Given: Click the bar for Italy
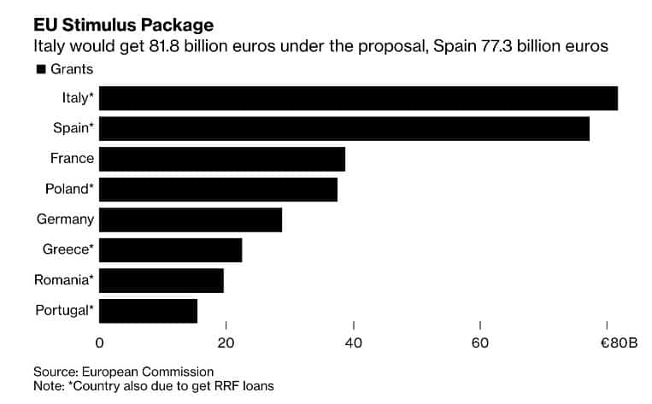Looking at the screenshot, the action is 358,98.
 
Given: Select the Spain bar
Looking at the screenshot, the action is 344,129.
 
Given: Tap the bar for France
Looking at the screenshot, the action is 222,159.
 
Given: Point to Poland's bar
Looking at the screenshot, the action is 218,190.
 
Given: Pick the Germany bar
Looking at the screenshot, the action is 191,220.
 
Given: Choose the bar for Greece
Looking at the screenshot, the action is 171,250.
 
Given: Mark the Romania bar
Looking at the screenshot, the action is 162,280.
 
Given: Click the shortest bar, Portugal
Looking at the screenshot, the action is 148,311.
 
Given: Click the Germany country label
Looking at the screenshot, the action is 65,220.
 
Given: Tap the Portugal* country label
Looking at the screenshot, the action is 64,311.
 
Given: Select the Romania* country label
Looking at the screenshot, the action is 64,279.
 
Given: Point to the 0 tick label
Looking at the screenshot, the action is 99,343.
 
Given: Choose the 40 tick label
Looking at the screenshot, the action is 354,343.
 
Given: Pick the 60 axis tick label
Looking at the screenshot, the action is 480,343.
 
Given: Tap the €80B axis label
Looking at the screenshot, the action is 620,343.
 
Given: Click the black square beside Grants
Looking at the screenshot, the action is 41,69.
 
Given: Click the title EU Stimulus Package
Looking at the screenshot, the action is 124,25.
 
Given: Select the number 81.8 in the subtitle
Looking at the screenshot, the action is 164,46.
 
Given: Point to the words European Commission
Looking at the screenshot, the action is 148,372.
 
